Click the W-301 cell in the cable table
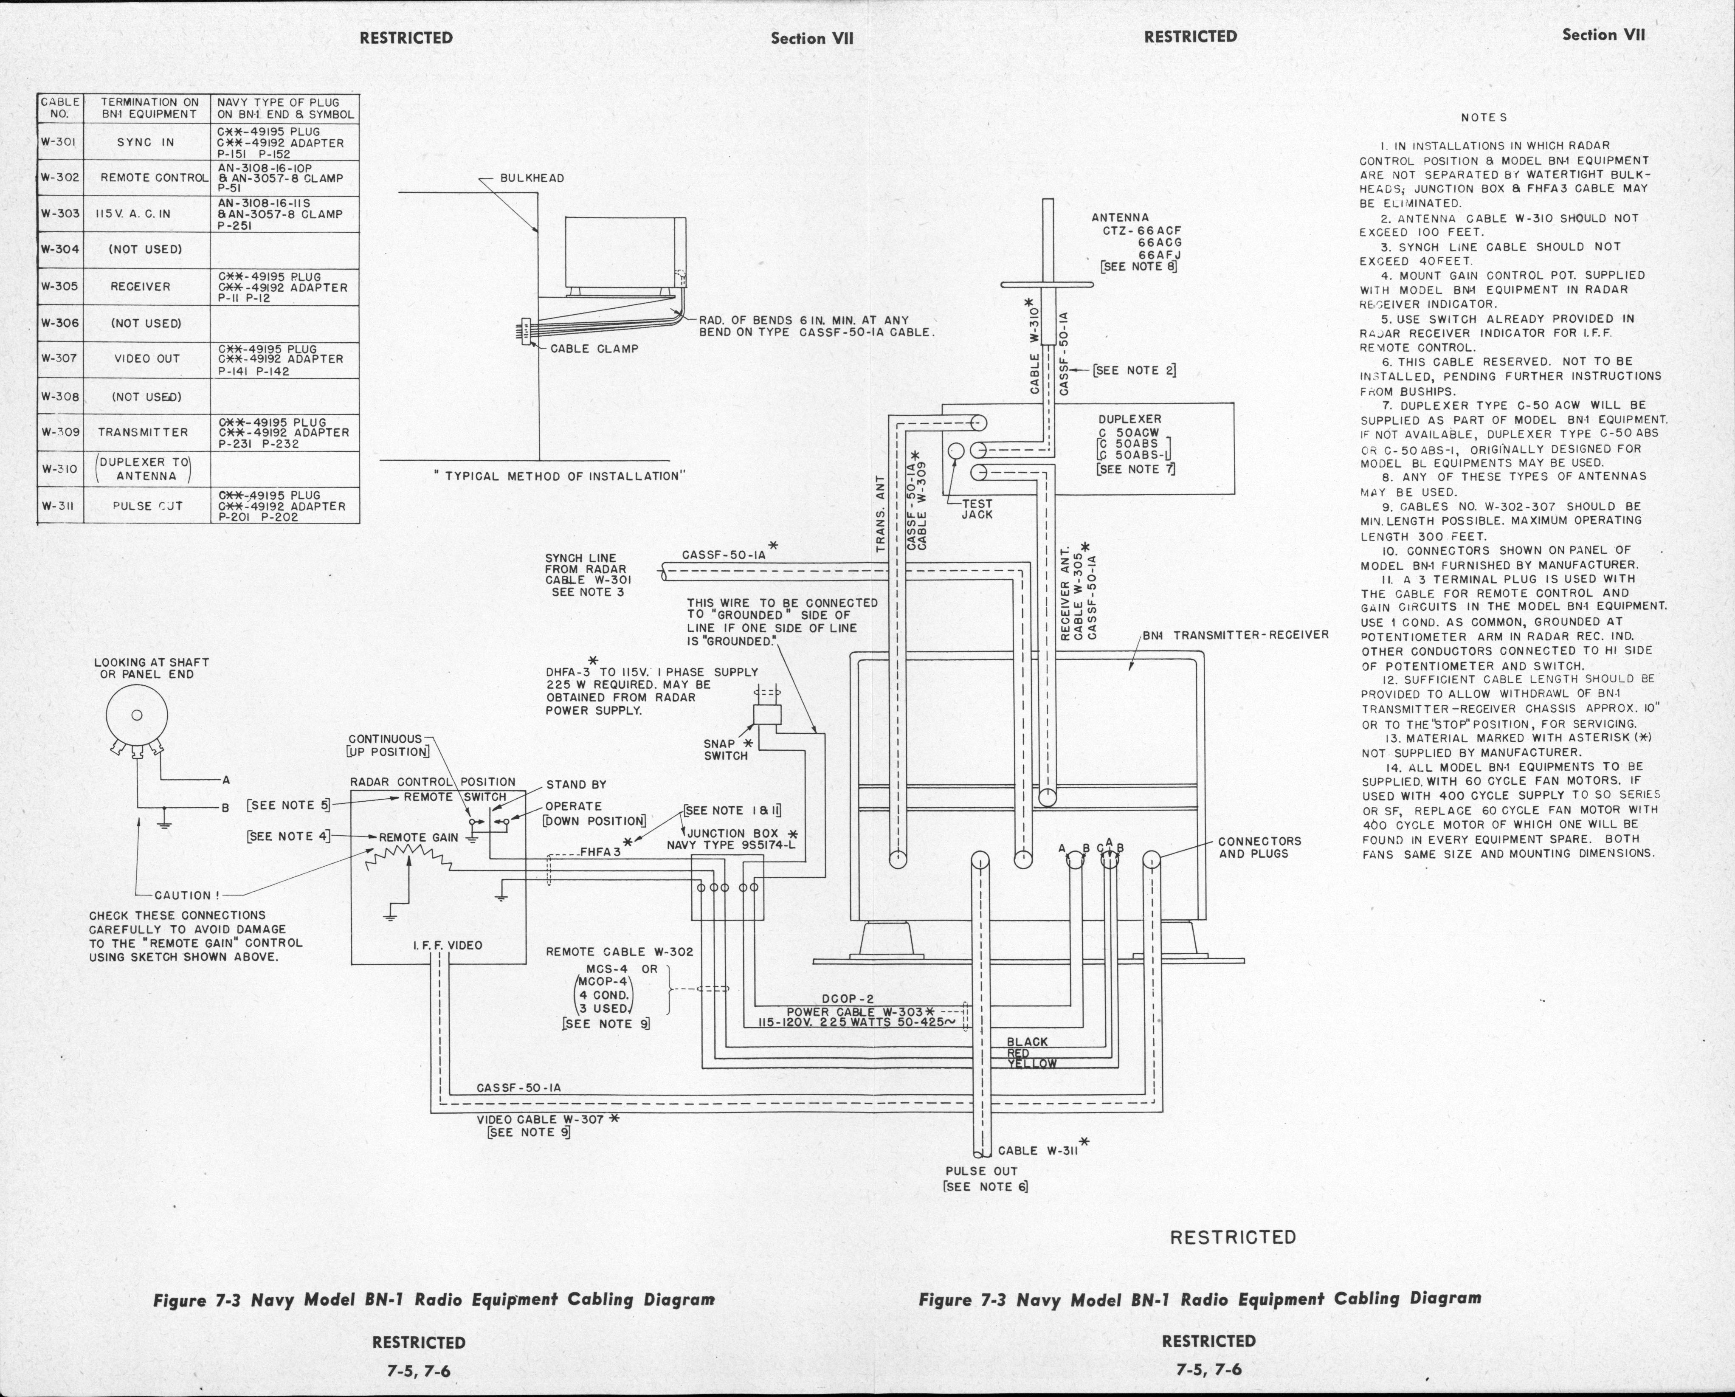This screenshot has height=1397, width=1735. [59, 142]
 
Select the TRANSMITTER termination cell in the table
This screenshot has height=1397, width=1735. [143, 432]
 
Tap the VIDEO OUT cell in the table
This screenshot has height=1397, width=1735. [146, 359]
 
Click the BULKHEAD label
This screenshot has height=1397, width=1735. [532, 178]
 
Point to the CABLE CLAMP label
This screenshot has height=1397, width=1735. [594, 349]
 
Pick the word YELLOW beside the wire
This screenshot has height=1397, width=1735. [1032, 1063]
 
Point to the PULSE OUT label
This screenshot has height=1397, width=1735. [982, 1171]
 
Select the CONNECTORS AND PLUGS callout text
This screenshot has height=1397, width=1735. [1259, 848]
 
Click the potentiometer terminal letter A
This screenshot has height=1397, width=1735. [227, 780]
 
